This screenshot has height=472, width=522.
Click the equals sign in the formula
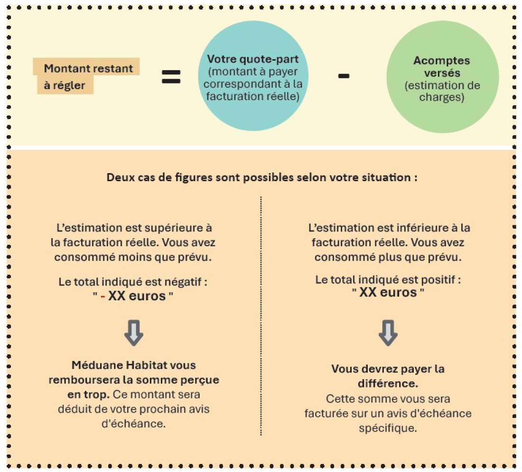171,76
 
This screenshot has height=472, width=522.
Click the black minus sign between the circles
344,76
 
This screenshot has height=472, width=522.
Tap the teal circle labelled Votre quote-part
253,76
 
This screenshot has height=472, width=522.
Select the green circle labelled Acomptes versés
442,77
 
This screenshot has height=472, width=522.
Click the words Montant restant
88,68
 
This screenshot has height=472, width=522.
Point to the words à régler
65,85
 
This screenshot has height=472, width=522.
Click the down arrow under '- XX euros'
134,333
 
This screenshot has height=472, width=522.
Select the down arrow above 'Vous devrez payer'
388,333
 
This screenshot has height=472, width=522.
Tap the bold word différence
388,383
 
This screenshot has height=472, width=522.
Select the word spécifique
388,428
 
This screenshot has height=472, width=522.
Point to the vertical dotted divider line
261,316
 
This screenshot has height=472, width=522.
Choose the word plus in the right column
390,258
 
